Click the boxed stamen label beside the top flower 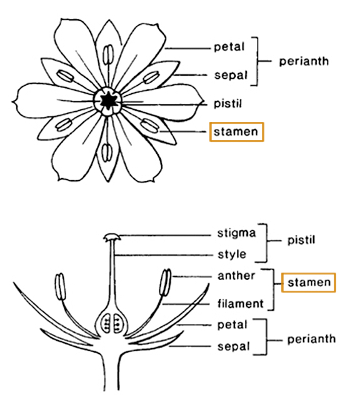pyautogui.click(x=236, y=132)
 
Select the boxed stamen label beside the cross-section pyautogui.click(x=309, y=283)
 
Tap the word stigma pyautogui.click(x=236, y=233)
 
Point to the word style pyautogui.click(x=232, y=254)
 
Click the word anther pyautogui.click(x=236, y=276)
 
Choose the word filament pyautogui.click(x=240, y=303)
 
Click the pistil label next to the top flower pyautogui.click(x=227, y=103)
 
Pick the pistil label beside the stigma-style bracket pyautogui.click(x=301, y=240)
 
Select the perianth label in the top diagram pyautogui.click(x=304, y=61)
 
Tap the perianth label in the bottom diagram pyautogui.click(x=311, y=339)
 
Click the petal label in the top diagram pyautogui.click(x=229, y=47)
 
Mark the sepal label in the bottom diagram pyautogui.click(x=233, y=346)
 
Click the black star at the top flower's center pyautogui.click(x=107, y=101)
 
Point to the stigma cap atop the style pyautogui.click(x=112, y=237)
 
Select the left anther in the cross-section pyautogui.click(x=60, y=286)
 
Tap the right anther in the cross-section pyautogui.click(x=166, y=283)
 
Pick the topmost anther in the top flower pyautogui.click(x=108, y=54)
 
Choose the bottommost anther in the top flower pyautogui.click(x=107, y=153)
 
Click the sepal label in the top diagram pyautogui.click(x=231, y=75)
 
